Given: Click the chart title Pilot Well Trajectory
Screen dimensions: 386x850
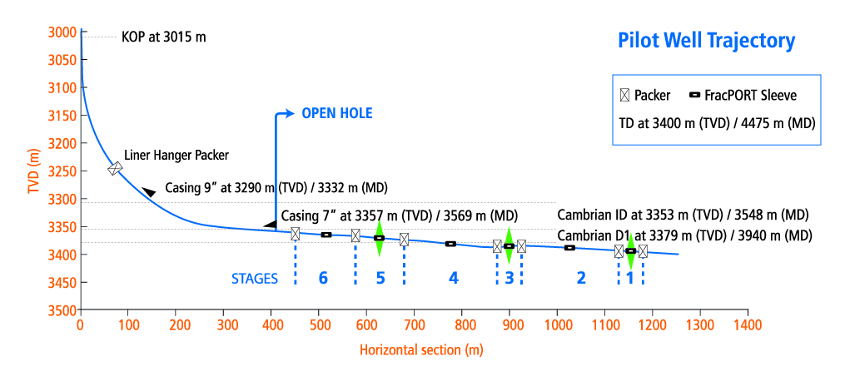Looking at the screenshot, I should pyautogui.click(x=706, y=41).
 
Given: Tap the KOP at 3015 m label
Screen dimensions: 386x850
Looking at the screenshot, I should pyautogui.click(x=163, y=37).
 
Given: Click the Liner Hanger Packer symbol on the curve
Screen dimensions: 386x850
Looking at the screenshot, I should pyautogui.click(x=115, y=168).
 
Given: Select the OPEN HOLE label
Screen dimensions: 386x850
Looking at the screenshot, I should pyautogui.click(x=336, y=113).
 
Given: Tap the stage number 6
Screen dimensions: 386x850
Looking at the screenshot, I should pyautogui.click(x=323, y=278).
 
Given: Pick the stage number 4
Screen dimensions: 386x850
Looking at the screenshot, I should pyautogui.click(x=453, y=278).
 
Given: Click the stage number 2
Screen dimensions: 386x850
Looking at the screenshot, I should pyautogui.click(x=581, y=278).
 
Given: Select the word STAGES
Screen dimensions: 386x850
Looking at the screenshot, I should pyautogui.click(x=254, y=279).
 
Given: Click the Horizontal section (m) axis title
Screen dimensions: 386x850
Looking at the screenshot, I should pyautogui.click(x=421, y=349).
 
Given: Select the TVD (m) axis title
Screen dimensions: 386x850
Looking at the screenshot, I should pyautogui.click(x=34, y=171).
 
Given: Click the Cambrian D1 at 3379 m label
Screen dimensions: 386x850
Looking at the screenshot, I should pyautogui.click(x=683, y=235).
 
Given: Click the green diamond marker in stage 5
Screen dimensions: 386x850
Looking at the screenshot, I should pyautogui.click(x=379, y=239).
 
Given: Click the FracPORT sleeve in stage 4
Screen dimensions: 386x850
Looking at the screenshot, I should pyautogui.click(x=450, y=244).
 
